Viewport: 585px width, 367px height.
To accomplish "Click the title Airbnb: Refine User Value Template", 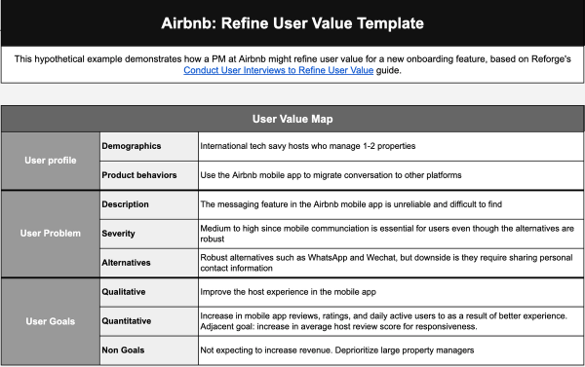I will (x=292, y=20).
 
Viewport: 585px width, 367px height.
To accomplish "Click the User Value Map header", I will (x=292, y=120).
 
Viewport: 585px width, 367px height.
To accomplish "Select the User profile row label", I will (x=50, y=160).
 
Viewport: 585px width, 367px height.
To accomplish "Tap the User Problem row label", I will (x=50, y=233).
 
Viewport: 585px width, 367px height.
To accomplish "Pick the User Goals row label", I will (x=50, y=320).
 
